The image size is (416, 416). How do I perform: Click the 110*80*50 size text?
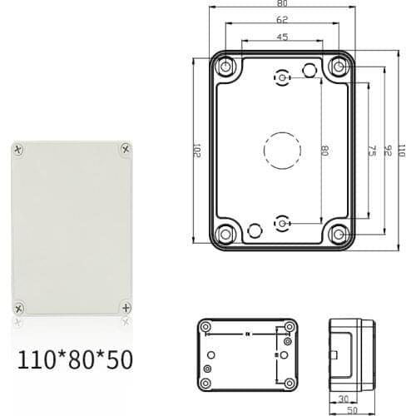point(74,359)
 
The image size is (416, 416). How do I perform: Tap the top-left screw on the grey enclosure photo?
point(19,150)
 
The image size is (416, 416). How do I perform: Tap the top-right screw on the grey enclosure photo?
point(125,149)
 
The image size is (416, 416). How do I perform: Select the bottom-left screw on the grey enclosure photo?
point(19,304)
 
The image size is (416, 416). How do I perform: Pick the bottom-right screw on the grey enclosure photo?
point(125,305)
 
